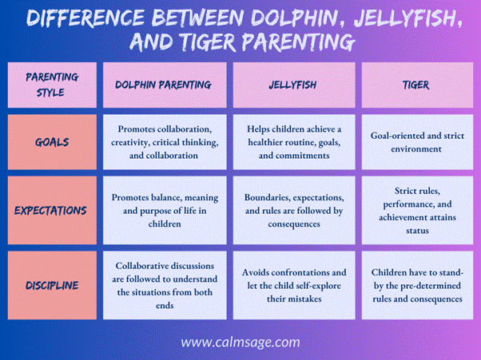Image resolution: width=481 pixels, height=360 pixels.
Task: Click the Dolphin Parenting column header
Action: pyautogui.click(x=163, y=85)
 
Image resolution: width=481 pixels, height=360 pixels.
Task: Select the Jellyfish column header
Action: pyautogui.click(x=294, y=85)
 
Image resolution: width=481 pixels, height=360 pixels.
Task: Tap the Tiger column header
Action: pyautogui.click(x=416, y=85)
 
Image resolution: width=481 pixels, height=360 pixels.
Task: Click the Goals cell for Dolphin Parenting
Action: pyautogui.click(x=163, y=142)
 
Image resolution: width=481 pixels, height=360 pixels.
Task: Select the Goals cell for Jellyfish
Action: pyautogui.click(x=294, y=142)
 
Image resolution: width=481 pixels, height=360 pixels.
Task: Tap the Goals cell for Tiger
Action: pyautogui.click(x=416, y=142)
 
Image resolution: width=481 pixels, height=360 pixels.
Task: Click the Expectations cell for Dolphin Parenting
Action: pyautogui.click(x=163, y=211)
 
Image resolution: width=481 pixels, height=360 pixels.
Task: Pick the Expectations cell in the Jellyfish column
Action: pyautogui.click(x=294, y=211)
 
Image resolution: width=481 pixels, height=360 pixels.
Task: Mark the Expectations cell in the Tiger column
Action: pyautogui.click(x=416, y=211)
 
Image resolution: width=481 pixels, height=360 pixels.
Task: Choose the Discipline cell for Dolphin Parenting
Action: pyautogui.click(x=163, y=285)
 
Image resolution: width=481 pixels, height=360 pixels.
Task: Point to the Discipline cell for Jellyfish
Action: pyautogui.click(x=294, y=285)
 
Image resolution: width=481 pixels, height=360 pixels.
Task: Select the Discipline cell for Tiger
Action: pyautogui.click(x=416, y=285)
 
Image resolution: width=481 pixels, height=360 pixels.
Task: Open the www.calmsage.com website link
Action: pyautogui.click(x=240, y=342)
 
